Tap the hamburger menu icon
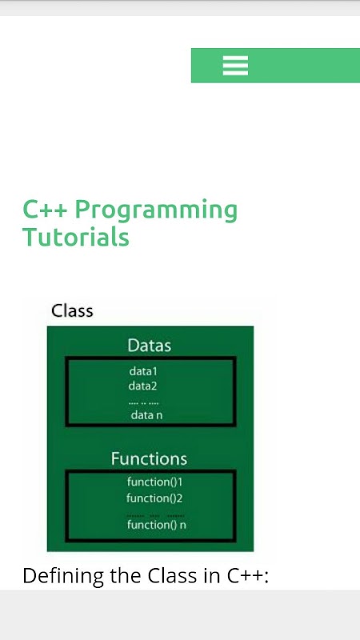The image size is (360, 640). tap(235, 66)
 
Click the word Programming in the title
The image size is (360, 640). tap(156, 211)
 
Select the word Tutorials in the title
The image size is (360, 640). tap(76, 237)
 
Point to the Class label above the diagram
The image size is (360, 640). tap(72, 311)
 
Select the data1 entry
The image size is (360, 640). tap(143, 371)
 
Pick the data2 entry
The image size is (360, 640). tap(143, 386)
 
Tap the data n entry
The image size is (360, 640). tap(146, 415)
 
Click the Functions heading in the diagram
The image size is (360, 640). tap(149, 458)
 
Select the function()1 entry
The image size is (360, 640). tap(154, 482)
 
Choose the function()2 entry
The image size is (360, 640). tap(154, 498)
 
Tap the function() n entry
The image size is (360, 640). tap(157, 525)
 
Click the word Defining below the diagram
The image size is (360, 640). tap(64, 576)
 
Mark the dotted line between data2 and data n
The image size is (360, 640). tap(143, 404)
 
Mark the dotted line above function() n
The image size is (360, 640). tap(155, 516)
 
